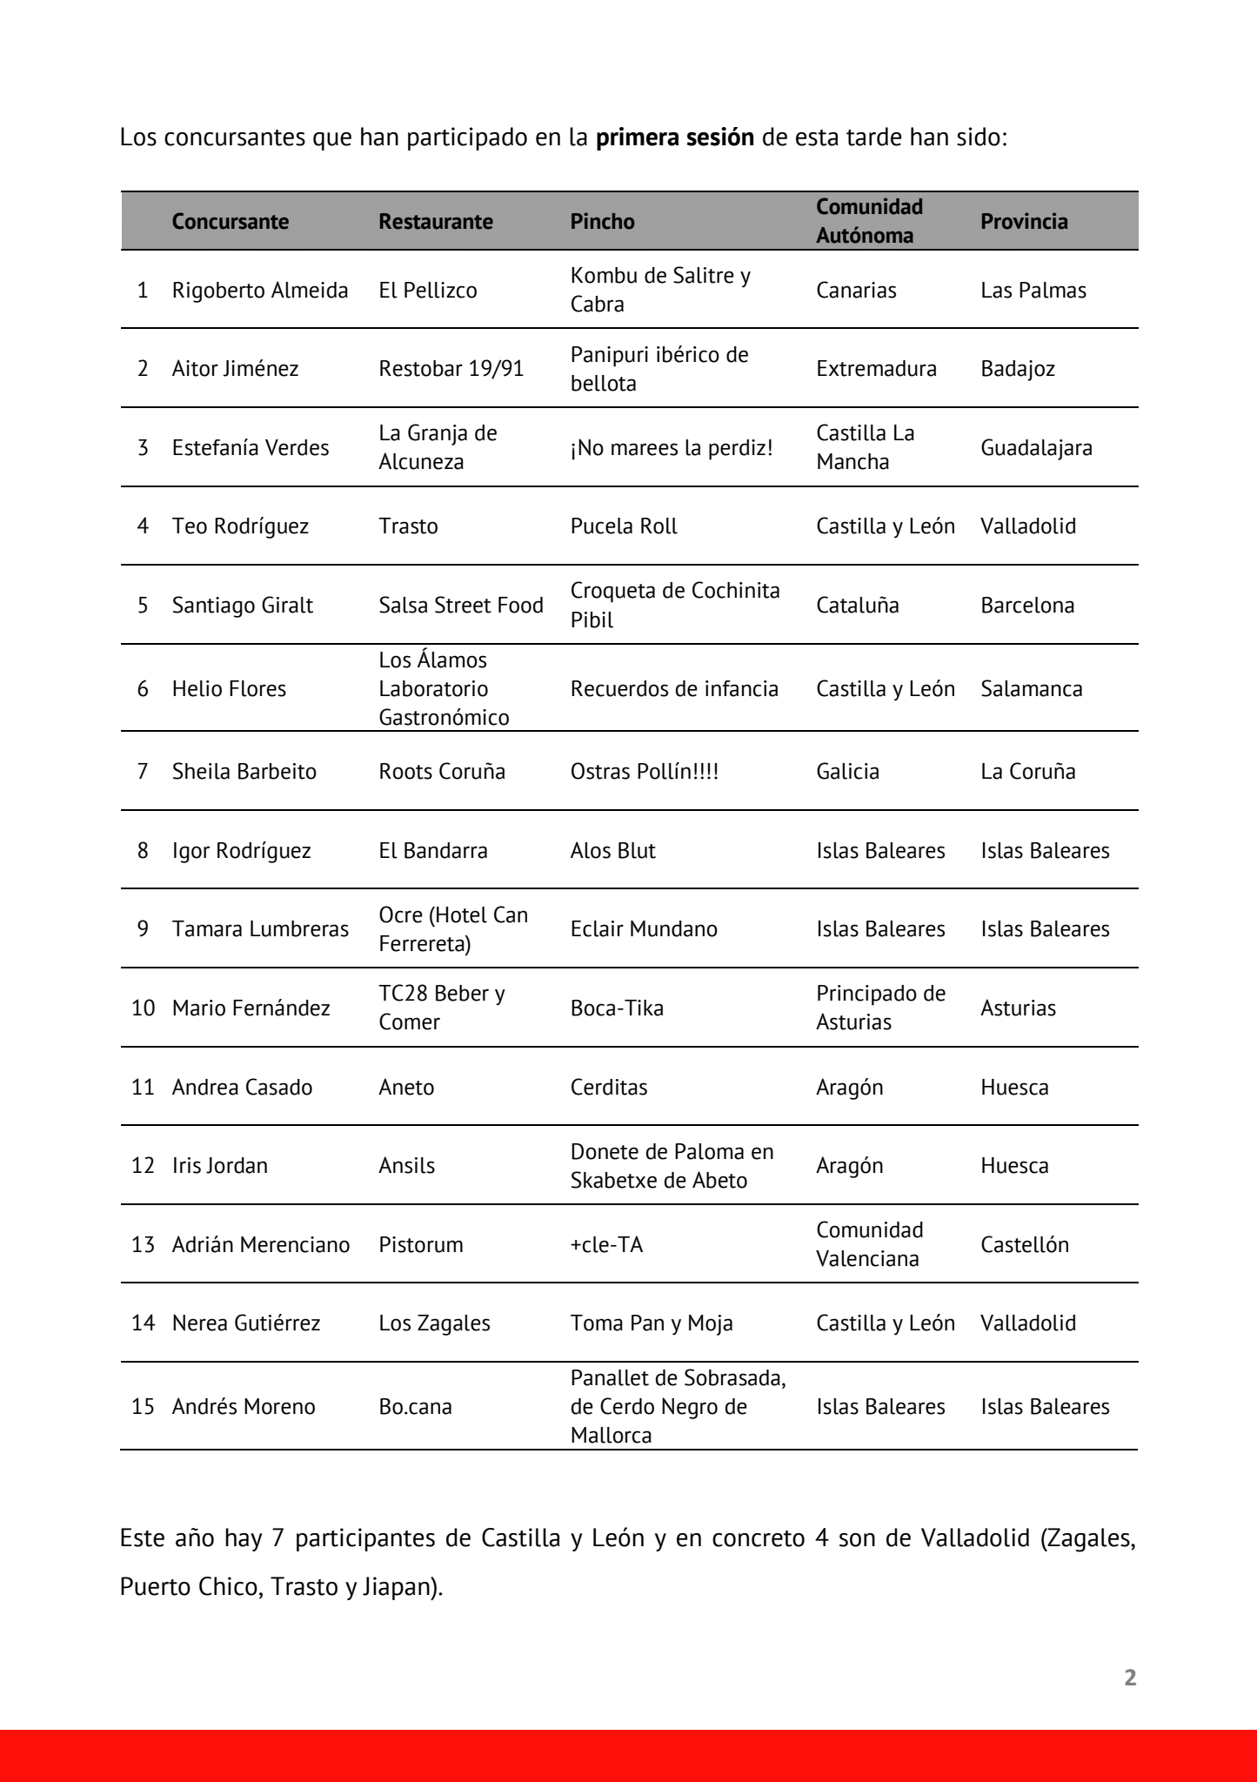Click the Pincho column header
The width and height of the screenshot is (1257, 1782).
click(602, 221)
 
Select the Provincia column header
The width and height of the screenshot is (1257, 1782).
click(1024, 221)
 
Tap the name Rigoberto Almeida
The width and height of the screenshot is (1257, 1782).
click(260, 290)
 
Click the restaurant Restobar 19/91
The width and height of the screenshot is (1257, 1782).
click(451, 368)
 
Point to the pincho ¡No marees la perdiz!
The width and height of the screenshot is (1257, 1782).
click(672, 447)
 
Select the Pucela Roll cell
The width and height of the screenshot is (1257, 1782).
click(624, 526)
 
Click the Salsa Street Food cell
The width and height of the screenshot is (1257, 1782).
click(460, 605)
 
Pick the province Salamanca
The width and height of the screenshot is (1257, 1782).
click(1031, 688)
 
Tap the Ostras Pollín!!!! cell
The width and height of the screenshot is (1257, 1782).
click(644, 771)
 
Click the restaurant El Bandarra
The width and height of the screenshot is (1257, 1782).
click(432, 850)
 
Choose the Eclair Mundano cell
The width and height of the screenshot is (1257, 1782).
click(644, 928)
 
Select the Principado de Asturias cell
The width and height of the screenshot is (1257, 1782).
click(880, 1008)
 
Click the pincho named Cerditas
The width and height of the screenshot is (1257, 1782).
click(609, 1087)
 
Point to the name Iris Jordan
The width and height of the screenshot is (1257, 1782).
click(220, 1165)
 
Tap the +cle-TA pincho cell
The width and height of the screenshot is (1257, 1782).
click(606, 1244)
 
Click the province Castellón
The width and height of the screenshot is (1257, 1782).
click(1024, 1244)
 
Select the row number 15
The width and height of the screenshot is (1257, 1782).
click(143, 1406)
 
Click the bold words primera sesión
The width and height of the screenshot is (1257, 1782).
click(675, 137)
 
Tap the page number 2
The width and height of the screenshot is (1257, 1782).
click(1130, 1678)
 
